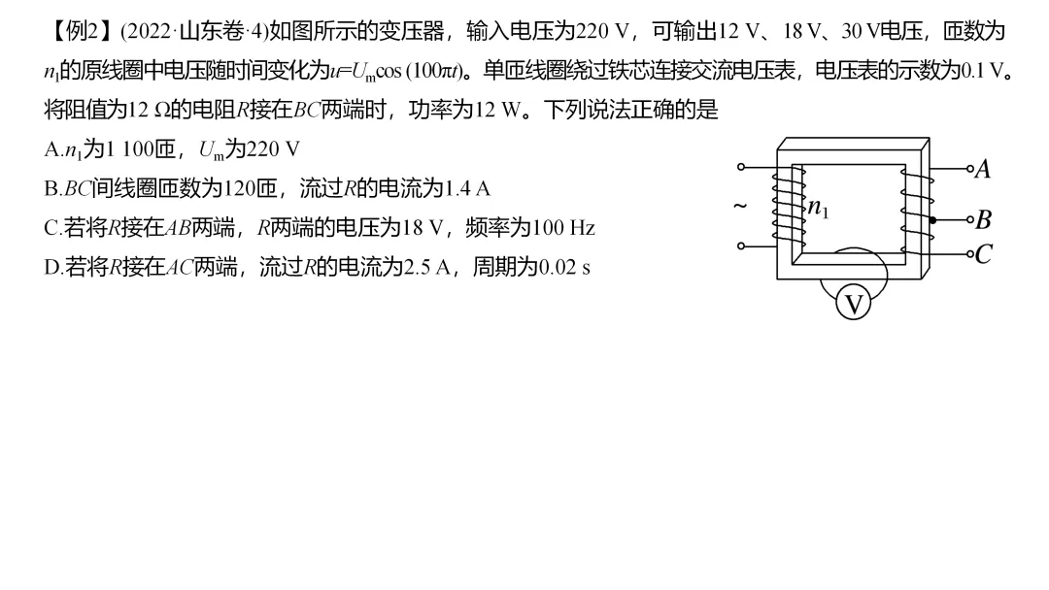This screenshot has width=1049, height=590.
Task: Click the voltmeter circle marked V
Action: tap(853, 305)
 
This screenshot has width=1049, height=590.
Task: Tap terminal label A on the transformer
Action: tap(982, 170)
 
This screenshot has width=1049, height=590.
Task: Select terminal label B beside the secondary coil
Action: tap(982, 220)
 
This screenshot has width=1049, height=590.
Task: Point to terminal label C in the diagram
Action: tap(983, 254)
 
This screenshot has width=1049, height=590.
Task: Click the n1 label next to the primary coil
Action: tap(820, 208)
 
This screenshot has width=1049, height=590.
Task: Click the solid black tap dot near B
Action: tap(932, 220)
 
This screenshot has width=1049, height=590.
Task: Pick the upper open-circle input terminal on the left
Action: tap(741, 167)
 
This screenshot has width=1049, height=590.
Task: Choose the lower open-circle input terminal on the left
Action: tap(741, 246)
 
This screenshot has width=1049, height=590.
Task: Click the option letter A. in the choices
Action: tap(52, 149)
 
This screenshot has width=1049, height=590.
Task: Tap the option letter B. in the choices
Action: tap(52, 188)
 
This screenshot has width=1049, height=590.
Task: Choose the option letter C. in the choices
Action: tap(52, 228)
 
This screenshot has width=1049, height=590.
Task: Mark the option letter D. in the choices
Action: tap(52, 267)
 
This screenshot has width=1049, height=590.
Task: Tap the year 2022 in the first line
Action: tap(147, 31)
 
